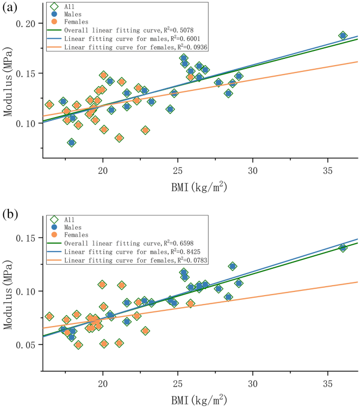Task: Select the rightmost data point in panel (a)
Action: [x=343, y=35]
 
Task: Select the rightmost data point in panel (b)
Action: [x=343, y=248]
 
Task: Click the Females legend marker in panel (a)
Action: [x=53, y=22]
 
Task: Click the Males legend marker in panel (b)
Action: [x=53, y=227]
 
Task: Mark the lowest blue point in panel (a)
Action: [x=71, y=143]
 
